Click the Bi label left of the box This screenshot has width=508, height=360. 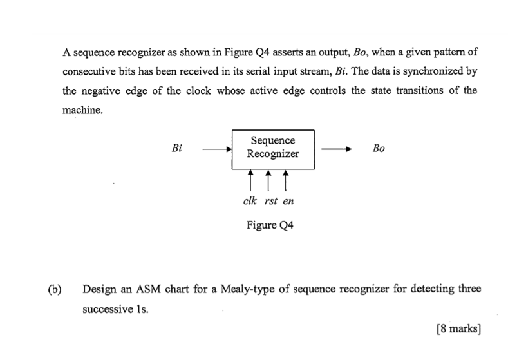(x=177, y=148)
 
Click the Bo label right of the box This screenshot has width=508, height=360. (x=379, y=148)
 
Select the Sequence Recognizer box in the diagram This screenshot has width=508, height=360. (x=273, y=148)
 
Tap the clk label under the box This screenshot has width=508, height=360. (x=251, y=200)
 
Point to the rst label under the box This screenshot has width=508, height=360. (x=271, y=200)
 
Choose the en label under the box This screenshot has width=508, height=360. (x=288, y=200)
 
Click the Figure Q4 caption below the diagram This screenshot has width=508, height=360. (x=270, y=225)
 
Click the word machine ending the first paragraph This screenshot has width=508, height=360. (x=82, y=110)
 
